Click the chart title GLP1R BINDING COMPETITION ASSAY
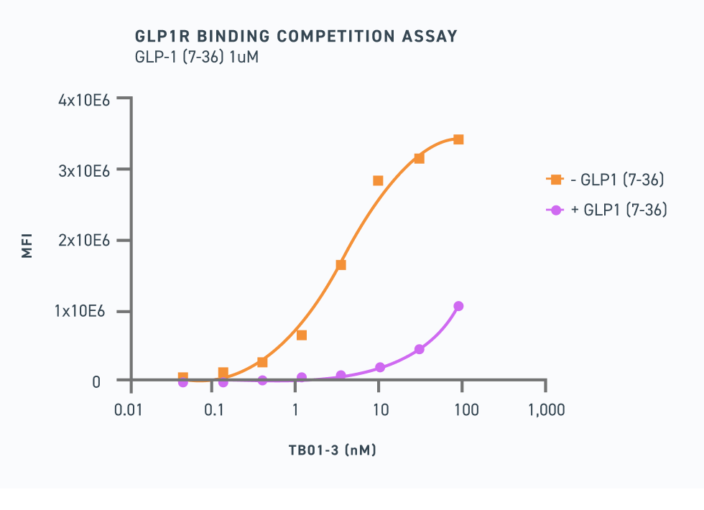(x=296, y=36)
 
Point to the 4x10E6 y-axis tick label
(x=84, y=100)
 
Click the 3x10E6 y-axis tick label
(x=84, y=170)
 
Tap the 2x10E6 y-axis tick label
(x=84, y=241)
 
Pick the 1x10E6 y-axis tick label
(x=84, y=311)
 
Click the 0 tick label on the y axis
(x=96, y=381)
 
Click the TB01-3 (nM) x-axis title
(x=333, y=450)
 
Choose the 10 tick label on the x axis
(x=381, y=410)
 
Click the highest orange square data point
(x=458, y=139)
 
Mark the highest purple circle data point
(x=458, y=306)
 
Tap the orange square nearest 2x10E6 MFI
(x=341, y=265)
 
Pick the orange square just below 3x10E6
(x=378, y=180)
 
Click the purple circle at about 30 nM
(x=419, y=349)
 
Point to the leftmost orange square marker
(x=183, y=377)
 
